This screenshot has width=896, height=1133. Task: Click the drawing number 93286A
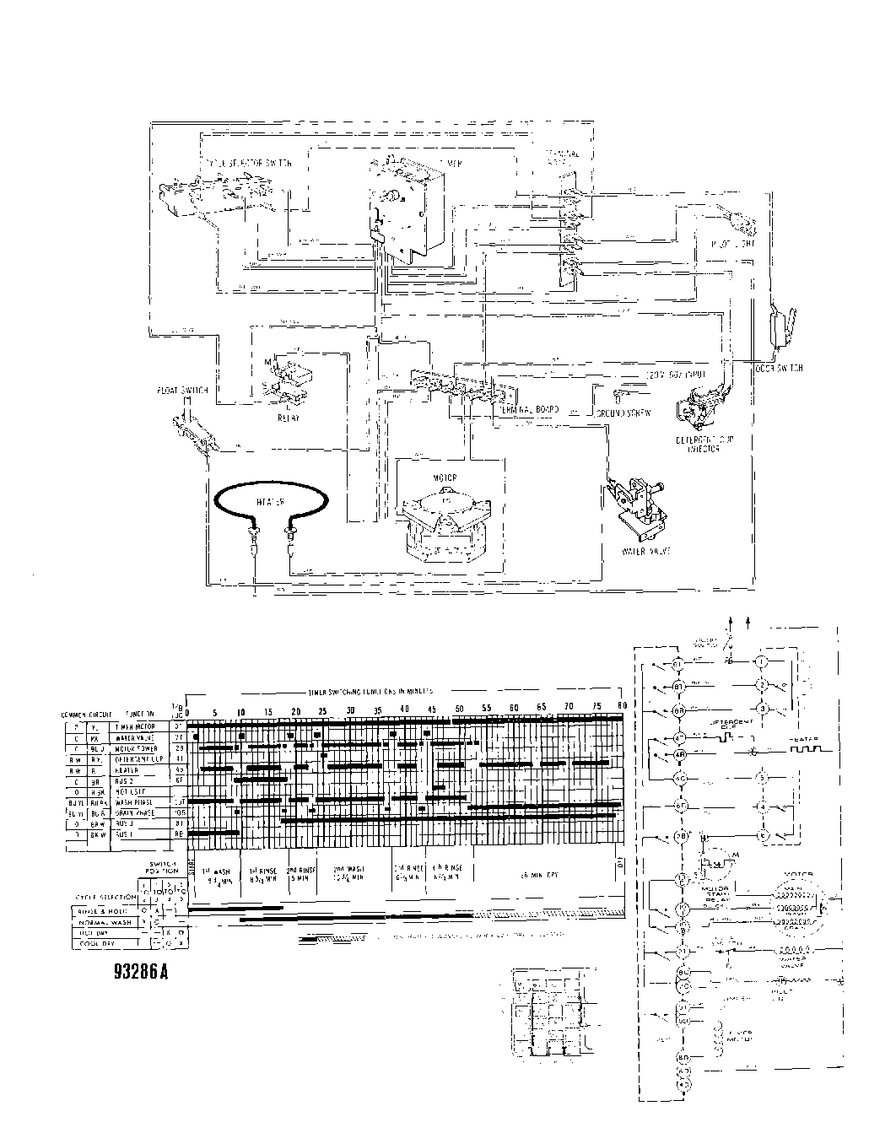(x=141, y=971)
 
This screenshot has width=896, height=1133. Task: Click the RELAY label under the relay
(x=286, y=417)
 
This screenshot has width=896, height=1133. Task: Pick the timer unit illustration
(x=405, y=207)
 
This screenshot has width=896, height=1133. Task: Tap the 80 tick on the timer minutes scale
(x=622, y=706)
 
